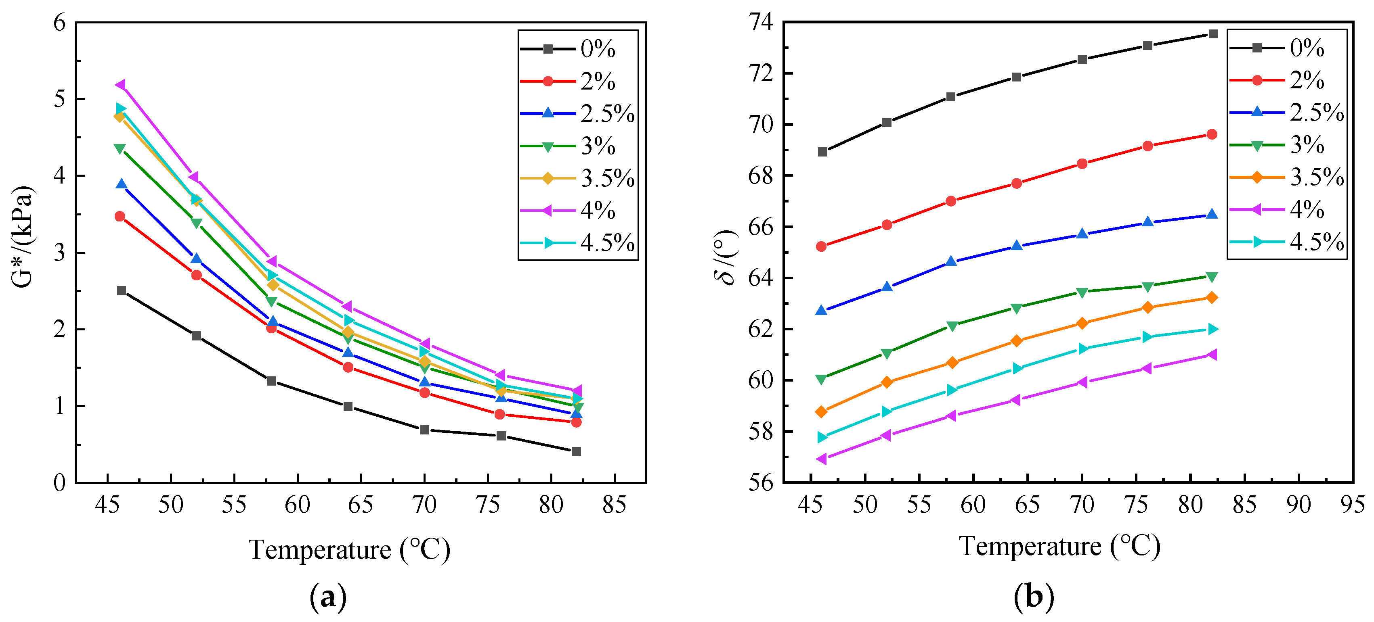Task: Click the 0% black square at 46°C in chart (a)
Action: tap(122, 290)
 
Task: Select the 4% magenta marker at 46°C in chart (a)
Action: tap(121, 85)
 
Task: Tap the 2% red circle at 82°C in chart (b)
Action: tap(1212, 134)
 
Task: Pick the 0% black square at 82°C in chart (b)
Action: tap(1213, 34)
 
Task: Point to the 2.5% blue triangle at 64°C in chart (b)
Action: tap(1017, 246)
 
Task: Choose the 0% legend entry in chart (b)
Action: tap(1278, 48)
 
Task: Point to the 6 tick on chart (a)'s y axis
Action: tap(59, 23)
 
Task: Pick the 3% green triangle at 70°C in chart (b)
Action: tap(1082, 292)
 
